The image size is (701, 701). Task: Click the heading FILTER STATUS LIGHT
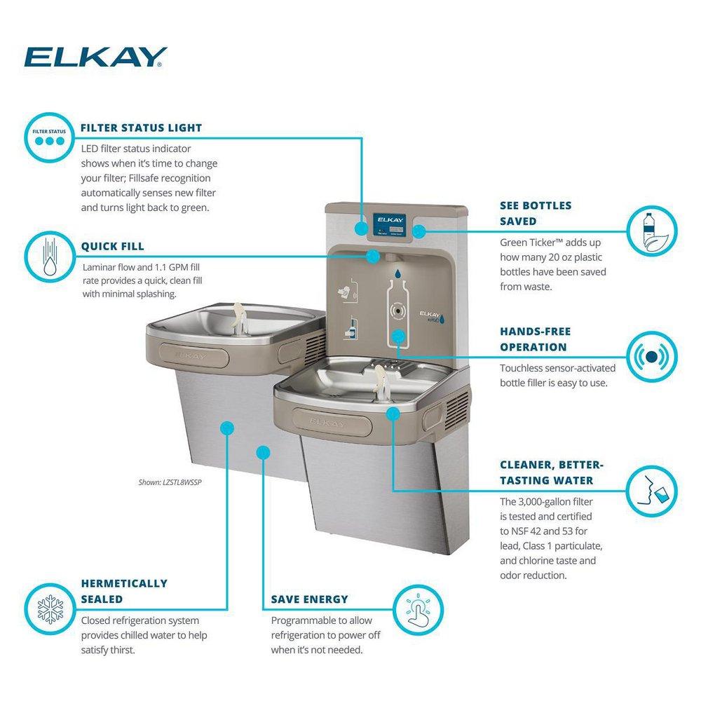(141, 128)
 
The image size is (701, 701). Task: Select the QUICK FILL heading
(112, 246)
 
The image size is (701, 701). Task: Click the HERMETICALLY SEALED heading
(124, 591)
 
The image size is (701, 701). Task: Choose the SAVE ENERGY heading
(309, 599)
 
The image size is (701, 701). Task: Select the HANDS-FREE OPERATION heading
(535, 339)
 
